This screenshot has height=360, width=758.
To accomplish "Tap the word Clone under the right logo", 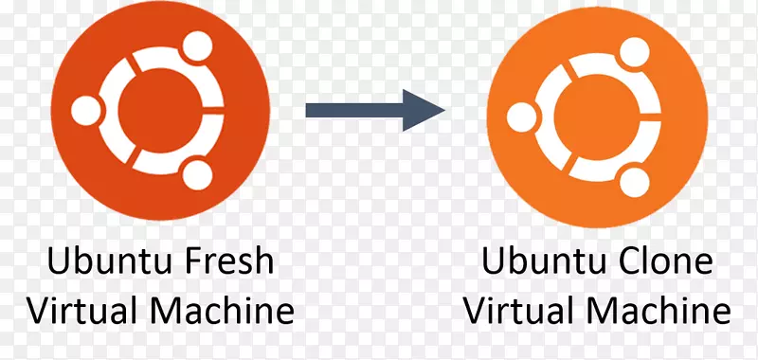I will (x=657, y=261).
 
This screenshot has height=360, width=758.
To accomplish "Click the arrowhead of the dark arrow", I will (x=424, y=110).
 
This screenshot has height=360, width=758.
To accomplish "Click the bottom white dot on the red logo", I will (x=197, y=174).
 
